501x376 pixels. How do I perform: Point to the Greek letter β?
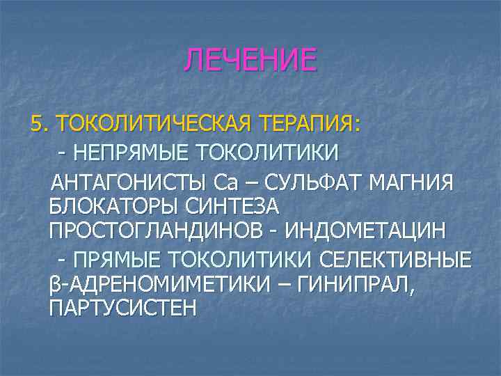click(x=55, y=285)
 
